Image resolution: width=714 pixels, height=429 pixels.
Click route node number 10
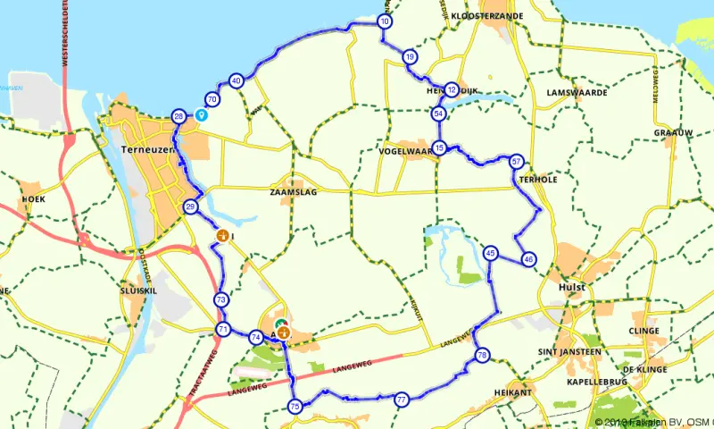pyautogui.click(x=384, y=21)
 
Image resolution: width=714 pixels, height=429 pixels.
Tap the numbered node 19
pyautogui.click(x=410, y=56)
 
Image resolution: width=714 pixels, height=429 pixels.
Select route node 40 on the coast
pyautogui.click(x=236, y=80)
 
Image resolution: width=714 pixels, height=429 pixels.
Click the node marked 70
pyautogui.click(x=212, y=99)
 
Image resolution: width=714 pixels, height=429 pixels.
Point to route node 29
pyautogui.click(x=190, y=206)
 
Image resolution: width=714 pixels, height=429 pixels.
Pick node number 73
pyautogui.click(x=220, y=299)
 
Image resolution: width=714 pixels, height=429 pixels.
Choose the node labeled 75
pyautogui.click(x=295, y=407)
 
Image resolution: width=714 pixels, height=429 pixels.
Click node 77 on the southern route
pyautogui.click(x=402, y=399)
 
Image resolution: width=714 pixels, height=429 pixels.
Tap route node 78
pyautogui.click(x=482, y=355)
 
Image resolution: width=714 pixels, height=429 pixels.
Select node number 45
pyautogui.click(x=490, y=253)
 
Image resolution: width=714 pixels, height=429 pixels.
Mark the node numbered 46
pyautogui.click(x=528, y=259)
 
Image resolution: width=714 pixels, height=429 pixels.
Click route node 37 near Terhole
pyautogui.click(x=516, y=162)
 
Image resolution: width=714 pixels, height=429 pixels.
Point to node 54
pyautogui.click(x=438, y=114)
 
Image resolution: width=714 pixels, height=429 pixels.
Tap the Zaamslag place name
pyautogui.click(x=293, y=191)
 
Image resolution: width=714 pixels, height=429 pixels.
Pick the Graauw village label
pyautogui.click(x=673, y=132)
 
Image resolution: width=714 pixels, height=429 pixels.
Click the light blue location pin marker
pyautogui.click(x=201, y=114)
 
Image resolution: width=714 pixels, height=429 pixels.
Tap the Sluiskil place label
pyautogui.click(x=138, y=291)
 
